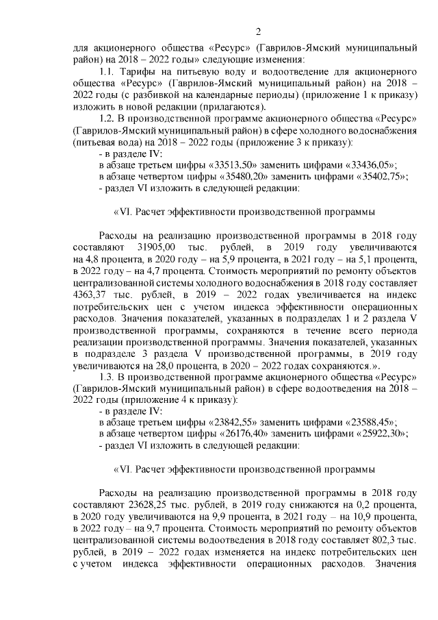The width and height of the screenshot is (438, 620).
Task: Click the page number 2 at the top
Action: (x=258, y=32)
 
